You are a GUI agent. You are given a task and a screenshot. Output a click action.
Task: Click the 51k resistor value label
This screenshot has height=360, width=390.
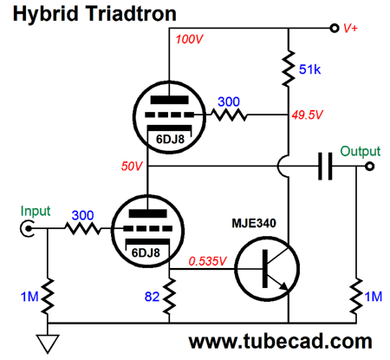309,69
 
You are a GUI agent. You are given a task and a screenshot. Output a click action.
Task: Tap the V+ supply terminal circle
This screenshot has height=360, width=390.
335,29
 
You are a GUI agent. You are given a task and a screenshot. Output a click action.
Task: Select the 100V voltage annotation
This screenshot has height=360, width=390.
190,39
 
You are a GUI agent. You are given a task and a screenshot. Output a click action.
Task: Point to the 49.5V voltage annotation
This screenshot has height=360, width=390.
308,115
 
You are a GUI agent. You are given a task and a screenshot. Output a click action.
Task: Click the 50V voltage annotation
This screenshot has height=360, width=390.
132,167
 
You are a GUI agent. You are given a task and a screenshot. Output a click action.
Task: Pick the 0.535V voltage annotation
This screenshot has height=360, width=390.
207,261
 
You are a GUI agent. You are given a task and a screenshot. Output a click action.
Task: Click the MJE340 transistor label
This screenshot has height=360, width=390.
254,223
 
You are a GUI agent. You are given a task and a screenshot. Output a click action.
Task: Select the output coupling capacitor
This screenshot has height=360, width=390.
325,167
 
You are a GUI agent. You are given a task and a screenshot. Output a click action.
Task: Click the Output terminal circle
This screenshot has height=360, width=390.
369,167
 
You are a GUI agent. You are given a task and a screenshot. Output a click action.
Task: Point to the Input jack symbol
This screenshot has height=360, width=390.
27,228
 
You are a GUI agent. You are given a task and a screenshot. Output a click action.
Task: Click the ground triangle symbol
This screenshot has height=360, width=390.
48,344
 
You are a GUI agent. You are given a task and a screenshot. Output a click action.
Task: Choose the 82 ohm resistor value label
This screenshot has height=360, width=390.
152,297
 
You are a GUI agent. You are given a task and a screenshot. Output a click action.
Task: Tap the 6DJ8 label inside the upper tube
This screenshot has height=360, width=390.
170,140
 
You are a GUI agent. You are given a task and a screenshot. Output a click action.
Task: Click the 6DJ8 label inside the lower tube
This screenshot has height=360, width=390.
146,253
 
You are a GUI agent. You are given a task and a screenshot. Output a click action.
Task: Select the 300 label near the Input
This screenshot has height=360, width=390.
82,215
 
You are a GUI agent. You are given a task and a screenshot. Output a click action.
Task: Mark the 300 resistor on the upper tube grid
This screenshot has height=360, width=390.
229,115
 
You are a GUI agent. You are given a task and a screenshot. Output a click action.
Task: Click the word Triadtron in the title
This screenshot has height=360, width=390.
131,14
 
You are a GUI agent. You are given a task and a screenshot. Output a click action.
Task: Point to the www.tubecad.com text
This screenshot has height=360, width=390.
280,342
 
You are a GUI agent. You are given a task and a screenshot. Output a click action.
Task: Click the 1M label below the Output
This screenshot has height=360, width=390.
374,297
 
